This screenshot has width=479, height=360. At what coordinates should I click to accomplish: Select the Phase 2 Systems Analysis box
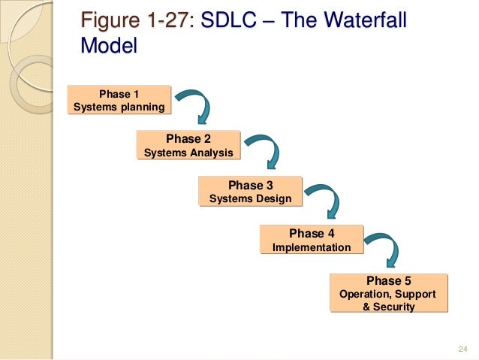tap(188, 146)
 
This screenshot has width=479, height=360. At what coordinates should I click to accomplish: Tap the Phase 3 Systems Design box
tap(250, 192)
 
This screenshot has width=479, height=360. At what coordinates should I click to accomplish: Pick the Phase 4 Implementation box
tap(311, 240)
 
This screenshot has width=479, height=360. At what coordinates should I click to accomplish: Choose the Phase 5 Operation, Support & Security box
tap(388, 293)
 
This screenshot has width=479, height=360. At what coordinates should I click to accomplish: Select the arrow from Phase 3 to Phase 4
tap(324, 198)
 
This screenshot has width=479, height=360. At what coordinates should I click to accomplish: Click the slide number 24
tap(462, 348)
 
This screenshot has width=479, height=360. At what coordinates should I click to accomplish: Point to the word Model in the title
tap(109, 46)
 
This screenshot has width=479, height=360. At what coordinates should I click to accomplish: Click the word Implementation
tap(311, 247)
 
